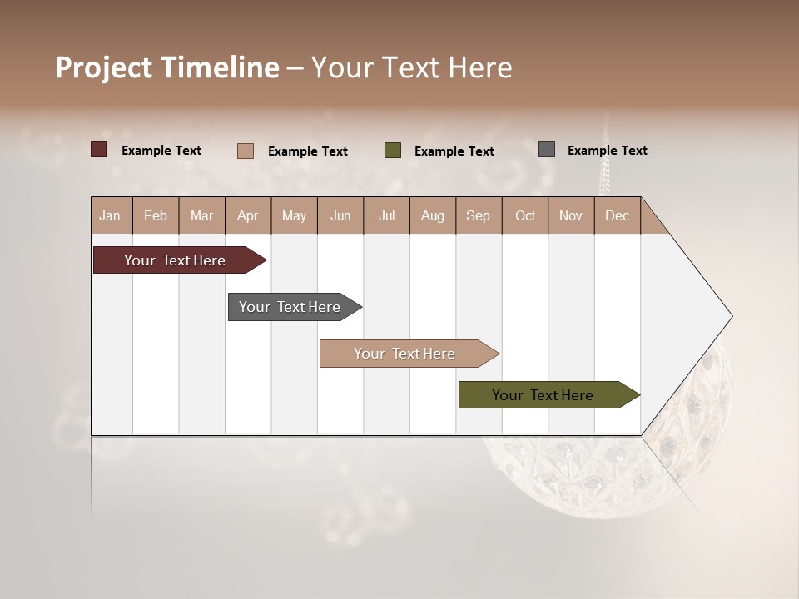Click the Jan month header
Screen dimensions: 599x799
(110, 215)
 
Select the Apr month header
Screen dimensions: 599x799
(248, 215)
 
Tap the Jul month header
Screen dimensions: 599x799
(386, 215)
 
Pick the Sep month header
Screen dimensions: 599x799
(478, 215)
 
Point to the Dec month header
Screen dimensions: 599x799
(617, 215)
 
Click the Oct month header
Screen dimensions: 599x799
(525, 215)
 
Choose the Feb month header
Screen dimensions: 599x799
(156, 215)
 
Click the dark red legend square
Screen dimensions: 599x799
(98, 150)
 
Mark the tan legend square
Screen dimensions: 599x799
(245, 151)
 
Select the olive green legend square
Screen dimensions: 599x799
(393, 151)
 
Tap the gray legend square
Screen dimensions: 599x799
(546, 150)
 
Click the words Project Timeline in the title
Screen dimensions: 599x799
(167, 67)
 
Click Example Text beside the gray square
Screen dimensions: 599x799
(607, 151)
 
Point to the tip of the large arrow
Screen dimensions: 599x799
(730, 316)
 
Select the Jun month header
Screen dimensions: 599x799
(340, 215)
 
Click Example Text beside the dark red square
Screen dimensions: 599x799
(161, 151)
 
